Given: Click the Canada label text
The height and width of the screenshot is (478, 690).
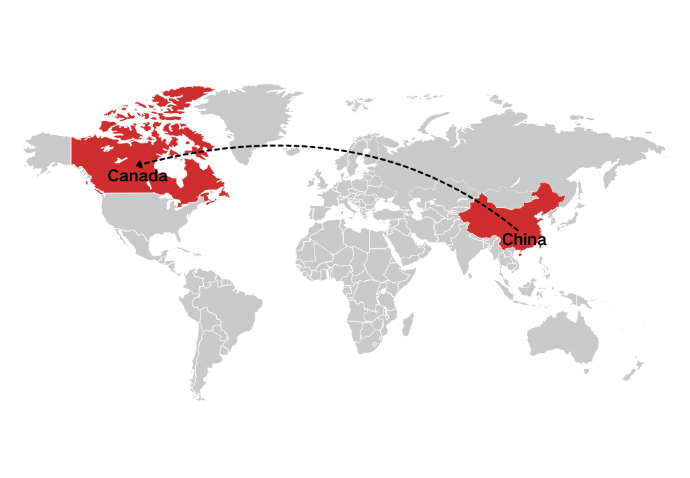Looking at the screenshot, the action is [x=137, y=177].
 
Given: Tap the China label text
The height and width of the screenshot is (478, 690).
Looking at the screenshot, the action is [x=524, y=240].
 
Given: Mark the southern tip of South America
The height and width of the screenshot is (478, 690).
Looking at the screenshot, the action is [x=199, y=397].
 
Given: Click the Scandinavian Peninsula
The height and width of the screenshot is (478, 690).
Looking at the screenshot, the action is [x=362, y=149].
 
